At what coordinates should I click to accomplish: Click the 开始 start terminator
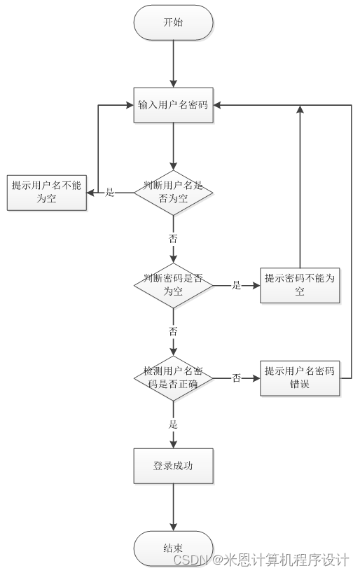click(173, 22)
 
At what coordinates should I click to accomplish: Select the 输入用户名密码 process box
click(173, 105)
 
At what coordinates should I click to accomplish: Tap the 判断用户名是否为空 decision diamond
click(173, 193)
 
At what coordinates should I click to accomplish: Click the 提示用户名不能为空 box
click(47, 193)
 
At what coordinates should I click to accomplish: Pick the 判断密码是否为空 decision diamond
click(173, 285)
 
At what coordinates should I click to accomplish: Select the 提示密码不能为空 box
click(300, 285)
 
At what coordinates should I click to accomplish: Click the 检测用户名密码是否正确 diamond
click(173, 378)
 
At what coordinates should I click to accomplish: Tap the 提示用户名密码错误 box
click(300, 378)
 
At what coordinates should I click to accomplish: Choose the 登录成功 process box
click(173, 467)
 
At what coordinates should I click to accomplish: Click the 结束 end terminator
click(173, 548)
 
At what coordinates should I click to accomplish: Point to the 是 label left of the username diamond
click(110, 192)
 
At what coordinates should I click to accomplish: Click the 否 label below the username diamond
click(173, 239)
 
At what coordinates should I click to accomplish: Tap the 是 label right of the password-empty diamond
click(237, 285)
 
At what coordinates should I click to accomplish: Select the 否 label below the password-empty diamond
click(173, 331)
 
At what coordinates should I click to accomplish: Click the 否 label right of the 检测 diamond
click(237, 378)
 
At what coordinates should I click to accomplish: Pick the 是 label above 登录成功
click(173, 424)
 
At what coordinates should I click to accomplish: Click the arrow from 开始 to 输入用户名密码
click(173, 64)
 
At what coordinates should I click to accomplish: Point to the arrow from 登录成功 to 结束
click(173, 508)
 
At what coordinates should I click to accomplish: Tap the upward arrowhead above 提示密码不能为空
click(300, 109)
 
